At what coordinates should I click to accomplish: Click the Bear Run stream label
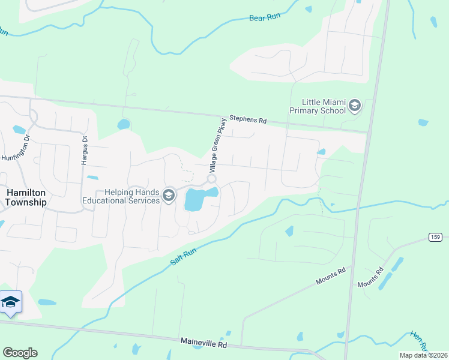265,17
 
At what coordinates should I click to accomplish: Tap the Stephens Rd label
247,120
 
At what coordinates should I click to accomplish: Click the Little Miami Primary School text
318,106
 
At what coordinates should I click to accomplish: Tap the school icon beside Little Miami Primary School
354,106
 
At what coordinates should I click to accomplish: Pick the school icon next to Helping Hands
169,194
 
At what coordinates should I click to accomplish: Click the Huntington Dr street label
15,150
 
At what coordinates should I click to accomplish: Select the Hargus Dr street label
85,146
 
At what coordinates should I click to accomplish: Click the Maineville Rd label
205,343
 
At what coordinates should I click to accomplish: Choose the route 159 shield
436,237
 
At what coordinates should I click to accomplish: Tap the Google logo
20,353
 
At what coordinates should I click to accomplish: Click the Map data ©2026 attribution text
423,355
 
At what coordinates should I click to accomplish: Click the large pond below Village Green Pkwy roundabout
197,199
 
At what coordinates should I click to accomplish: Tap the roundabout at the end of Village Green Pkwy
211,179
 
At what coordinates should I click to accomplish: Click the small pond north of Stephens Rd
123,124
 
